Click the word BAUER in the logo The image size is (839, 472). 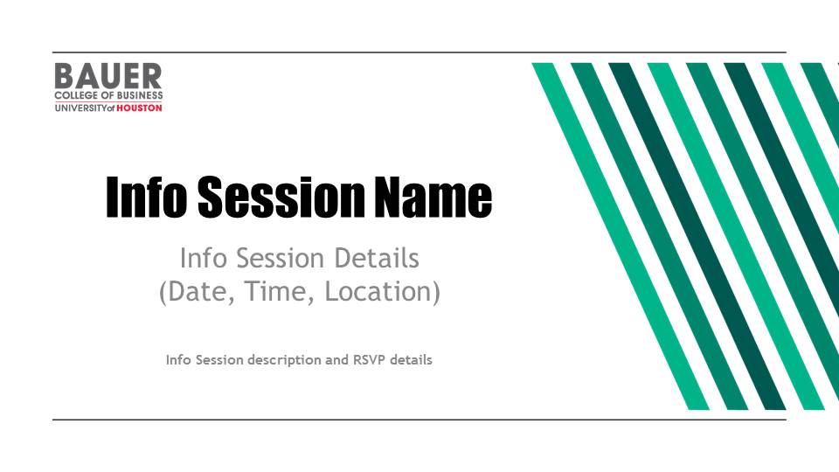point(108,76)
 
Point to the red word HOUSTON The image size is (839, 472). point(139,108)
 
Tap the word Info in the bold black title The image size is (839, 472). point(147,197)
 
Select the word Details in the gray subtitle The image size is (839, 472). point(377,258)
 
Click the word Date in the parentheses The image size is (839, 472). point(201,292)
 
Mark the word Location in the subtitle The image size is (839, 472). point(378,292)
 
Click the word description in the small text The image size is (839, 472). point(285,360)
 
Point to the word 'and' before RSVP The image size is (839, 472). point(337,359)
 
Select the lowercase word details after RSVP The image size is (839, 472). point(411,359)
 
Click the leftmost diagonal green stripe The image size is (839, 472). point(621,236)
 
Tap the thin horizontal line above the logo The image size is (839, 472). point(419,52)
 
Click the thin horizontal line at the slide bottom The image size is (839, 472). point(419,420)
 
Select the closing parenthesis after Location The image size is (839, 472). point(437,292)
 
